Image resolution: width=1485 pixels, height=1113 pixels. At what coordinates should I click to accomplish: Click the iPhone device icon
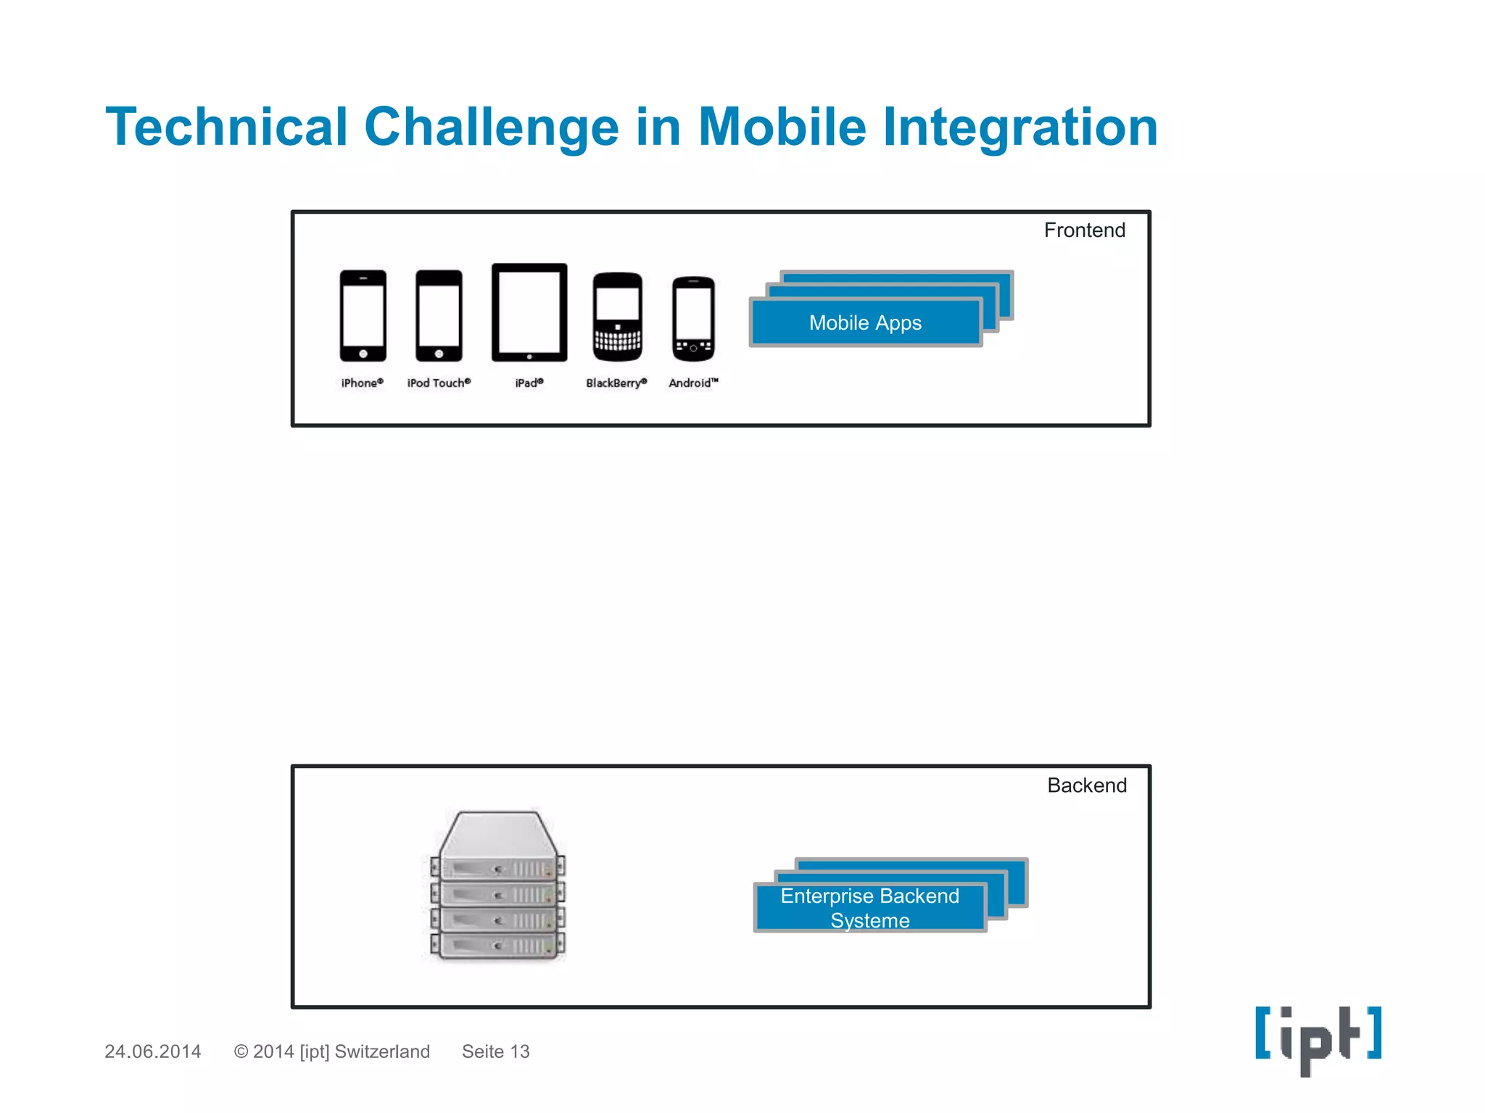tap(363, 315)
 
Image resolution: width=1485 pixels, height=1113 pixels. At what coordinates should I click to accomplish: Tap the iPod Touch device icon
tap(438, 315)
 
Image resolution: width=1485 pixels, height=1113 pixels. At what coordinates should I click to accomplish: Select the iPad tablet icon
tap(529, 312)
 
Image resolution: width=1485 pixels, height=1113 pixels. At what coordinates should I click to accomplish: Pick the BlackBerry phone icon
tap(617, 317)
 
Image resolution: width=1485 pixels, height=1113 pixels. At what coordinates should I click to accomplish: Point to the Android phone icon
tap(693, 319)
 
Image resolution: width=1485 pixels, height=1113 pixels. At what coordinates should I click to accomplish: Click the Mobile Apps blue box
tap(865, 322)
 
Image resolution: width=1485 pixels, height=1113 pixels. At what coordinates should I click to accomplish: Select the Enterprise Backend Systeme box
tap(869, 908)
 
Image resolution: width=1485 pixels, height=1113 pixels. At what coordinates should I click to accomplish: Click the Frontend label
tap(1084, 230)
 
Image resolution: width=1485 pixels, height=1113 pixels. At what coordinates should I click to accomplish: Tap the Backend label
tap(1086, 785)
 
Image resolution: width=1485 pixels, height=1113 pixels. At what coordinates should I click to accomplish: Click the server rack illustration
tap(497, 885)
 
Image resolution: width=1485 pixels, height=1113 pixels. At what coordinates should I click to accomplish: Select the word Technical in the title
tap(226, 128)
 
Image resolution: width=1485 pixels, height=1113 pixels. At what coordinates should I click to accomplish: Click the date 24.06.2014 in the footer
tap(152, 1051)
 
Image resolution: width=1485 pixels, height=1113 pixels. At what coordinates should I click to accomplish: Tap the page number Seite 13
tap(495, 1051)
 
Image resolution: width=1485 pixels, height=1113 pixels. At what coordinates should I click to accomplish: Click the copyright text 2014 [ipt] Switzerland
tap(332, 1051)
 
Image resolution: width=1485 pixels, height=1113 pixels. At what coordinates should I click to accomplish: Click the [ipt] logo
tap(1318, 1038)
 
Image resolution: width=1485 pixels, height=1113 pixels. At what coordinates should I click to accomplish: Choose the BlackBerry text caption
tap(616, 383)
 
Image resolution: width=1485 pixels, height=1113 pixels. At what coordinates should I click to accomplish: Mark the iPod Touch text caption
tap(438, 383)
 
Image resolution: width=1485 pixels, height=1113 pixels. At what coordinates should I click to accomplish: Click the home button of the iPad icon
tap(529, 357)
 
